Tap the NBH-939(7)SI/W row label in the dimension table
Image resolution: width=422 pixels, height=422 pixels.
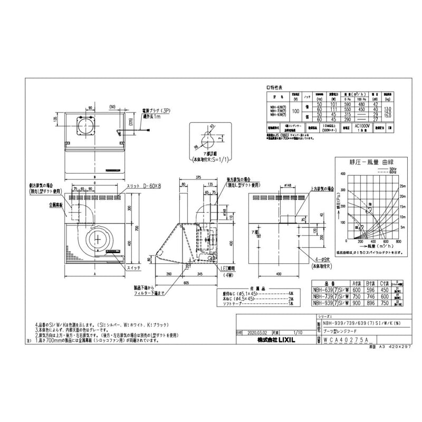pos(328,304)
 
